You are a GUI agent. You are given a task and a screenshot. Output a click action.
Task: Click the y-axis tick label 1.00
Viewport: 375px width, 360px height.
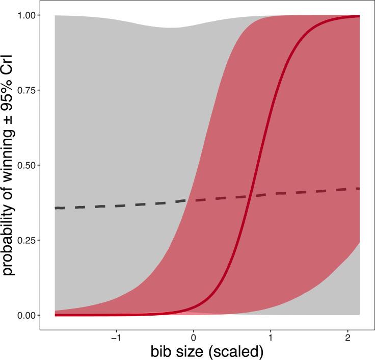pos(26,15)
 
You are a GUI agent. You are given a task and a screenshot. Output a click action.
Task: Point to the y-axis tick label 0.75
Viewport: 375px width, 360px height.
pos(26,90)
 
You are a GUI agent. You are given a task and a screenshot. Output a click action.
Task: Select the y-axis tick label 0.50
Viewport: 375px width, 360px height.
pos(26,165)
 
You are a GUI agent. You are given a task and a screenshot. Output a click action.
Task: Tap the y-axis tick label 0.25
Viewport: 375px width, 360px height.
pos(26,240)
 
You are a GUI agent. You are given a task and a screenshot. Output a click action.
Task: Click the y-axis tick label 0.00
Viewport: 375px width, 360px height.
pos(26,315)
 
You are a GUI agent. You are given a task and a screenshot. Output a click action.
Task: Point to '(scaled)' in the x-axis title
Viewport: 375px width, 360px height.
pos(236,352)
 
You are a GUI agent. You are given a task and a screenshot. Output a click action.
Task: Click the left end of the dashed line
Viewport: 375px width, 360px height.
pos(55,208)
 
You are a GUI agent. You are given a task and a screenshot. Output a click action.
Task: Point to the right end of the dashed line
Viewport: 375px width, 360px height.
pos(359,189)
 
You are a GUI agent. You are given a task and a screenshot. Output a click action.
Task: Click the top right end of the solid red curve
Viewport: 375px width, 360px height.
pos(359,16)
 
